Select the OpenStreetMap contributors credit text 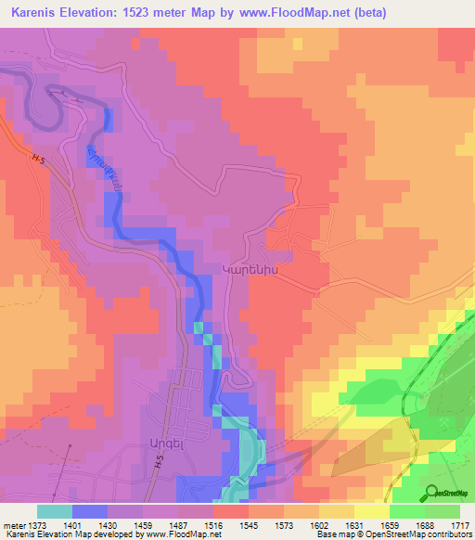tap(423, 534)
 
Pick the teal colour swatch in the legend tap(54, 510)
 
